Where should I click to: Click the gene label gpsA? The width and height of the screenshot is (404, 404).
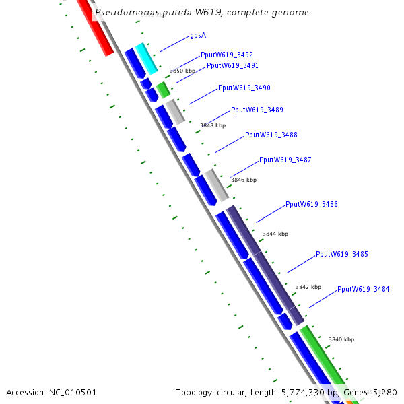(x=198, y=35)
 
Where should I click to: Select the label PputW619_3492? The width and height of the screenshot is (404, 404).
(x=227, y=55)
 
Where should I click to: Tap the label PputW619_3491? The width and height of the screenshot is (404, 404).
(x=232, y=65)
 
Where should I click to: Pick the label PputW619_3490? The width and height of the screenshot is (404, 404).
(x=244, y=88)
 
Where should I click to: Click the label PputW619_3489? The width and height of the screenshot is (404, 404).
(x=257, y=110)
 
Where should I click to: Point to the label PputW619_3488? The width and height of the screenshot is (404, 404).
(x=271, y=135)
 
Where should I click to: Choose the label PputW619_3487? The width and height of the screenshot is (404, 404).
(x=285, y=160)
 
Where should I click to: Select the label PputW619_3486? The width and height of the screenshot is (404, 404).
(x=312, y=204)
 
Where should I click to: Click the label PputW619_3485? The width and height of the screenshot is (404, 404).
(x=342, y=254)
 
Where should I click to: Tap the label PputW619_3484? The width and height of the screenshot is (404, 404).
(x=364, y=289)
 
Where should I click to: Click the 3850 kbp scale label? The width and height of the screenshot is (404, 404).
(x=182, y=71)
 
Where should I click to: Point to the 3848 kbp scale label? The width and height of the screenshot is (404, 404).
(x=213, y=125)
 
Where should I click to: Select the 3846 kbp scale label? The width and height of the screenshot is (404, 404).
(x=244, y=180)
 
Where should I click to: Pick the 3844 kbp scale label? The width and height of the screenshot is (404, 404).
(x=275, y=234)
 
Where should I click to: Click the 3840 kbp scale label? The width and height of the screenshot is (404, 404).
(x=341, y=340)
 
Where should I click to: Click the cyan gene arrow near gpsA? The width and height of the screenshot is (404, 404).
(x=147, y=58)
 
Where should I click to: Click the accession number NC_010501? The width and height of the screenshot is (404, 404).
(x=73, y=392)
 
